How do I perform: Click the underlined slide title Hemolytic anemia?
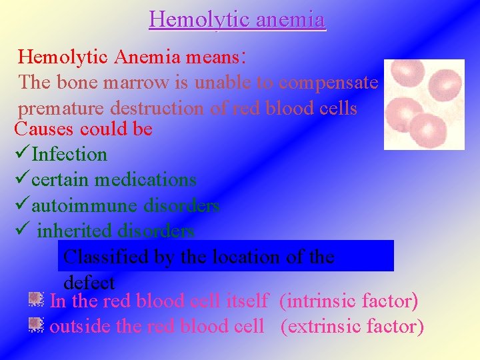pos(237,19)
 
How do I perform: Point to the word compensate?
pos(329,83)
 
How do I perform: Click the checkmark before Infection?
pos(21,154)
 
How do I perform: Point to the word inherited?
pos(74,231)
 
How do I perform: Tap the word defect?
pos(89,282)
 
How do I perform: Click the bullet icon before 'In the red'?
pos(36,301)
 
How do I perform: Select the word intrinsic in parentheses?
pos(317,301)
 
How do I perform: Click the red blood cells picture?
pos(424,104)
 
